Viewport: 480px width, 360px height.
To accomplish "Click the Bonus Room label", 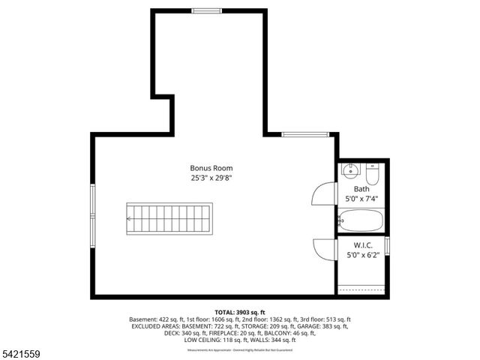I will tap(211, 168).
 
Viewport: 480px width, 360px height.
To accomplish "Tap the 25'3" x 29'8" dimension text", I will tap(211, 178).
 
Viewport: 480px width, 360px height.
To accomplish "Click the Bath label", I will tap(361, 189).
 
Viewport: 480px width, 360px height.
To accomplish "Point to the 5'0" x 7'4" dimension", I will tap(361, 199).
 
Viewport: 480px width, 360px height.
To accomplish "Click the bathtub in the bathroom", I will tap(361, 221).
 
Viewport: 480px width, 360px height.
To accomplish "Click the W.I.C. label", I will tap(361, 244).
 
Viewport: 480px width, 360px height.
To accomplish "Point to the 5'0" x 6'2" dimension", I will tap(361, 254).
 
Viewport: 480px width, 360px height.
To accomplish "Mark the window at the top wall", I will tap(206, 10).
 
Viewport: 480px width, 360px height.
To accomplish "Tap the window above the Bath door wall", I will tap(305, 134).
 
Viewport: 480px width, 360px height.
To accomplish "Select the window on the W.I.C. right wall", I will tap(387, 246).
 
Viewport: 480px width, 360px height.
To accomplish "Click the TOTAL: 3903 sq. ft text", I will tap(240, 312).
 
